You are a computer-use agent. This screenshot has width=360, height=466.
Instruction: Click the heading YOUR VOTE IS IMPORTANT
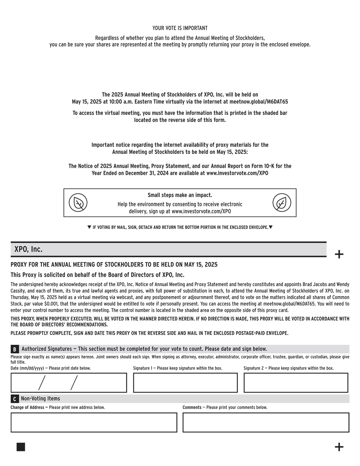[180, 28]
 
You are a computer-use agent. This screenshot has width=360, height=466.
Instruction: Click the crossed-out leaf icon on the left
[78, 203]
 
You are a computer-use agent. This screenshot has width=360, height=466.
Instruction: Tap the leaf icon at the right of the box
[282, 203]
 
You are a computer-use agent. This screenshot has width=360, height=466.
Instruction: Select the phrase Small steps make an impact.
[180, 195]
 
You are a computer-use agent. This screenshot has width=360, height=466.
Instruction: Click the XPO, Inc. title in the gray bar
[29, 249]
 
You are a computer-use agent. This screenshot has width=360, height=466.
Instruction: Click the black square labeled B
[15, 349]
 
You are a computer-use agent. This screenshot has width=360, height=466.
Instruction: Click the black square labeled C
[15, 399]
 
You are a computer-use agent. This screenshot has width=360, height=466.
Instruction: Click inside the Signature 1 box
[185, 383]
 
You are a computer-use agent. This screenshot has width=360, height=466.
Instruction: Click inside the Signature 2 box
[296, 383]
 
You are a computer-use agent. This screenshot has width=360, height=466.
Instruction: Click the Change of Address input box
[94, 423]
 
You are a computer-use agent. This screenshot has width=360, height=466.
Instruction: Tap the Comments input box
[266, 423]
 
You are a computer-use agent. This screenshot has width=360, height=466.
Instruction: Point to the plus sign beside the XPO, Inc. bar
[339, 254]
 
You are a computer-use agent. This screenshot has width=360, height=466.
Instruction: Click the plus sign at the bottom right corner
[339, 447]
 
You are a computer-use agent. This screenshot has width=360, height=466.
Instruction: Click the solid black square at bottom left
[21, 447]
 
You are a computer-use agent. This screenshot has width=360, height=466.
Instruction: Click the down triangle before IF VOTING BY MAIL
[89, 227]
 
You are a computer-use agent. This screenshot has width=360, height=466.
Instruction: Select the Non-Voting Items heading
[40, 399]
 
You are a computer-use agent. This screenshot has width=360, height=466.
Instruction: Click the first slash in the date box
[42, 383]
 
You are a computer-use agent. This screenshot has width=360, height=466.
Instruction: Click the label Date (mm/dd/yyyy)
[29, 368]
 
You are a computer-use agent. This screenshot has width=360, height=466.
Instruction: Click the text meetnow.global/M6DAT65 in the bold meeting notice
[259, 102]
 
